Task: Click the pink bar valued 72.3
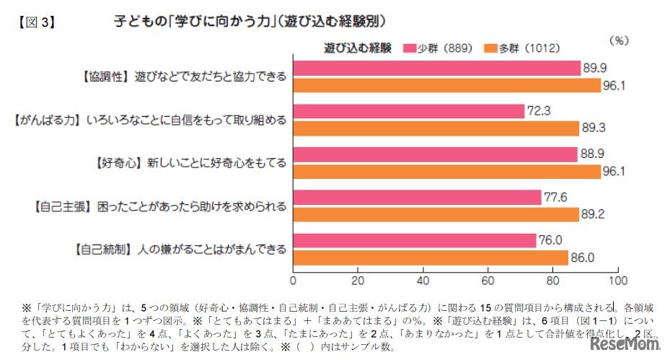pyautogui.click(x=408, y=111)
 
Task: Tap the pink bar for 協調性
pyautogui.click(x=436, y=68)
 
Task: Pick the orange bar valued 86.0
pyautogui.click(x=431, y=258)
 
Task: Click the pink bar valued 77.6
pyautogui.click(x=417, y=197)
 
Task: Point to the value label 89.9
pyautogui.click(x=596, y=68)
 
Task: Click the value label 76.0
pyautogui.click(x=551, y=240)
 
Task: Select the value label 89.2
pyautogui.click(x=594, y=214)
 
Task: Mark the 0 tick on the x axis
pyautogui.click(x=293, y=280)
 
